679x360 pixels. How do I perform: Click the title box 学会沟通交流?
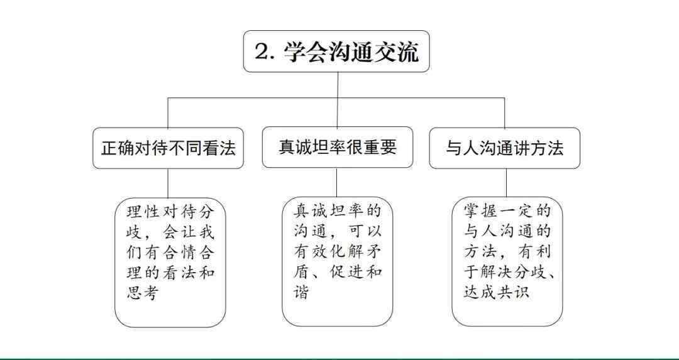[x=336, y=51]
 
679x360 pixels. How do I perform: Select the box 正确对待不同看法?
[x=168, y=148]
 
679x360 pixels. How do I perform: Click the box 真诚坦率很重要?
[x=338, y=148]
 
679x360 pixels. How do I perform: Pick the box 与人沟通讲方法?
[x=504, y=148]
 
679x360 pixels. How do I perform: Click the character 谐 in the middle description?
[x=301, y=293]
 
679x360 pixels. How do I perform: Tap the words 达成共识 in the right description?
[x=496, y=293]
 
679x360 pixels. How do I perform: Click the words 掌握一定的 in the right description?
[x=507, y=211]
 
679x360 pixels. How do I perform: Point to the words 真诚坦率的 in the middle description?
[x=338, y=211]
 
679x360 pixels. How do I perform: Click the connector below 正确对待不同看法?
[x=168, y=183]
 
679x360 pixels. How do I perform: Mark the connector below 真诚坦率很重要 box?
[x=337, y=182]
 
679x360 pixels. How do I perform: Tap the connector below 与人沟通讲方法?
[x=506, y=183]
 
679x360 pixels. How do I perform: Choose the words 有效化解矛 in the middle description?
[x=338, y=252]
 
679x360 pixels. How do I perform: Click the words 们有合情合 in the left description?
[x=170, y=253]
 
